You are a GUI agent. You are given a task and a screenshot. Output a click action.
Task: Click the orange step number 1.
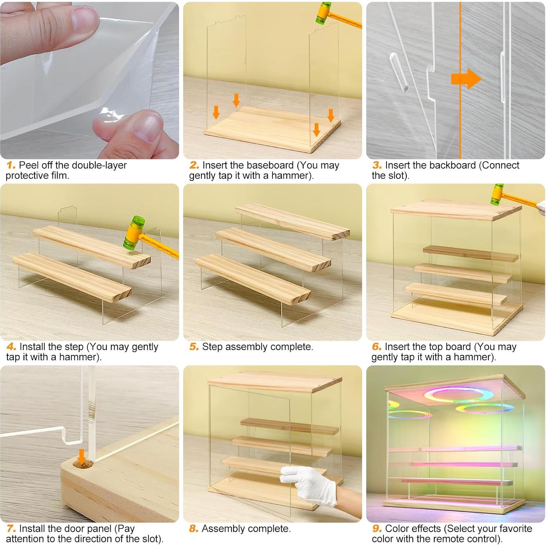11,165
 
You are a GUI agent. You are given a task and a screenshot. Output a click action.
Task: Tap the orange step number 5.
194,347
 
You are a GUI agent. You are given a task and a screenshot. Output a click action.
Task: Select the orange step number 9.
377,529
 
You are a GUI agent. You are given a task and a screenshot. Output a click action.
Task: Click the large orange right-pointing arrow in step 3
466,79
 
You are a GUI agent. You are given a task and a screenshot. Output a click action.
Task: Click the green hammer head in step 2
322,14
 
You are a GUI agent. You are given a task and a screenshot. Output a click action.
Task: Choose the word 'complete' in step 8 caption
268,529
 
